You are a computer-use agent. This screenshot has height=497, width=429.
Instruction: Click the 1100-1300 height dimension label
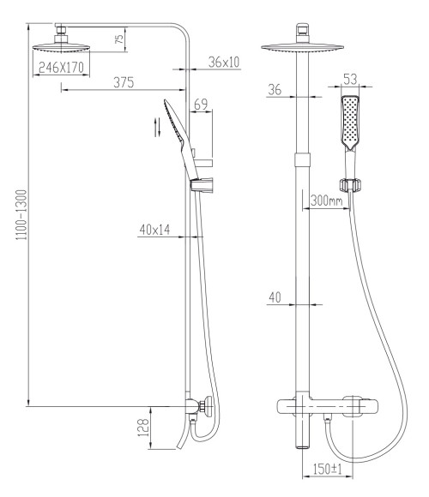point(21,214)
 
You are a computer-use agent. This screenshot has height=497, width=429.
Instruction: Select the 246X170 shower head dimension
point(61,67)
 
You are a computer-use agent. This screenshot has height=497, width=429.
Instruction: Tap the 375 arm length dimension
point(124,82)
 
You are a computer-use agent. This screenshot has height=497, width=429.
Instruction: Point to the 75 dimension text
point(119,39)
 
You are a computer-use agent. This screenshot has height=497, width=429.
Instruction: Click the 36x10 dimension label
point(224,62)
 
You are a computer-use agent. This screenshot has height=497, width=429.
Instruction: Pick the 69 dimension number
point(201,105)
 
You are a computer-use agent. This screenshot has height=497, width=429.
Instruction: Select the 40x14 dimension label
point(154,230)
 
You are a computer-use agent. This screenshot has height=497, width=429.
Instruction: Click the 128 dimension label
point(143,428)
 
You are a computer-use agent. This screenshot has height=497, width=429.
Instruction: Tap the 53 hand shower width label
point(350,79)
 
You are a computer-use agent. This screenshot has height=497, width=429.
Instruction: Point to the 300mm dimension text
point(327,201)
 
